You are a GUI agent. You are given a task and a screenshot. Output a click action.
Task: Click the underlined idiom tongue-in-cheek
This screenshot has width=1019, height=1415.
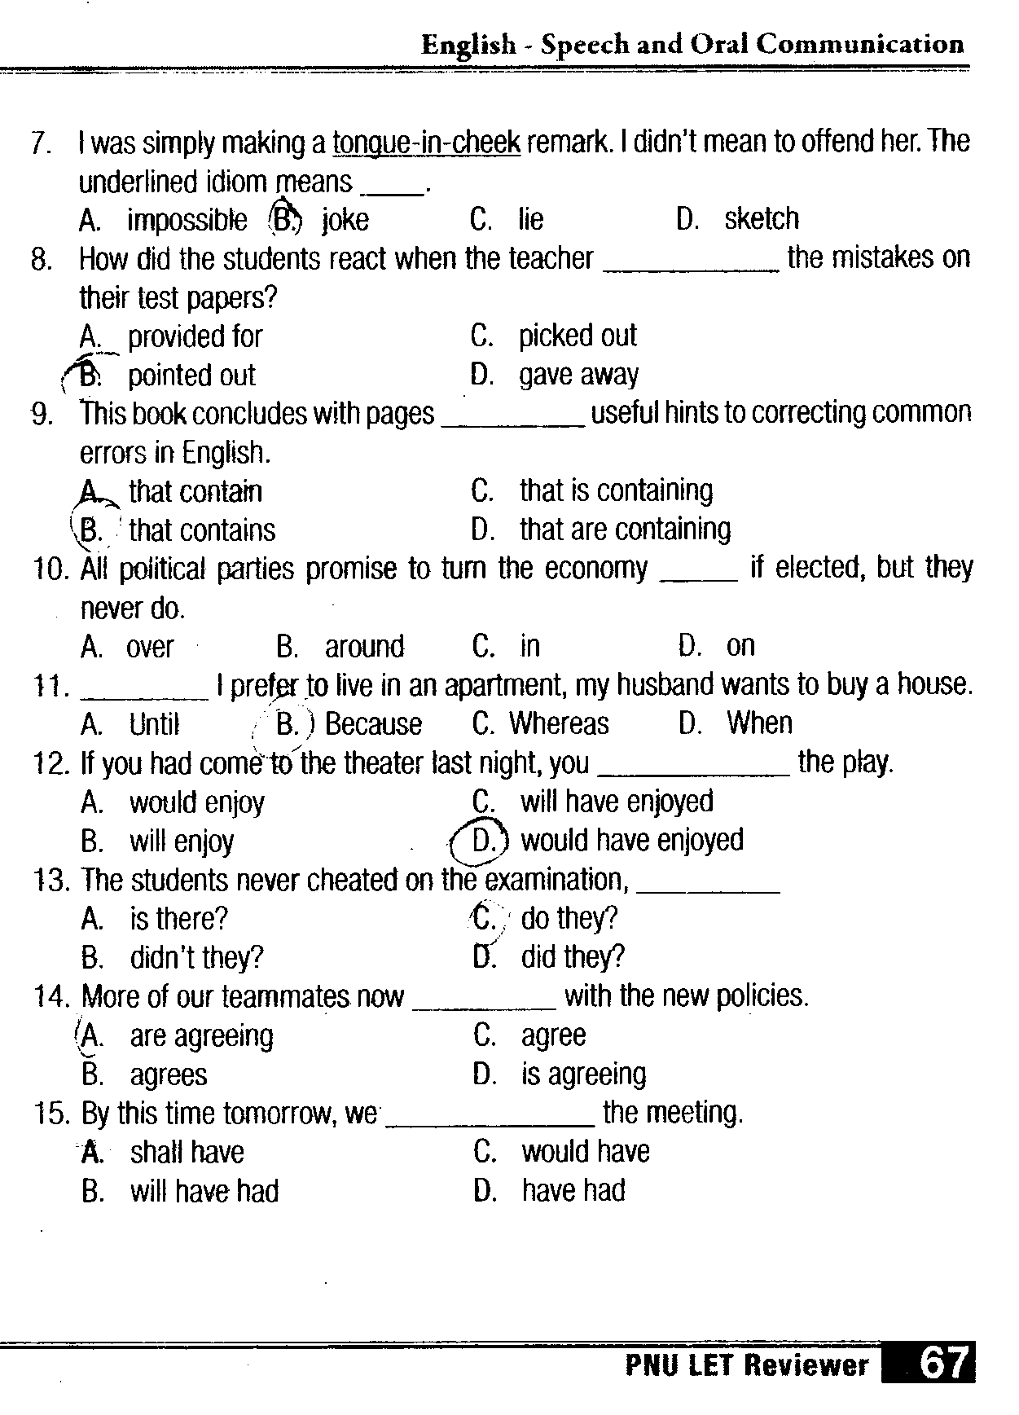click(426, 143)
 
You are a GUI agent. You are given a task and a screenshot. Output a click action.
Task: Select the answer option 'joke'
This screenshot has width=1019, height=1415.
click(345, 220)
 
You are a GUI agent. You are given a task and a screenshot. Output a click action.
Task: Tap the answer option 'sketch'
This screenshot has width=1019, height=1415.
click(762, 218)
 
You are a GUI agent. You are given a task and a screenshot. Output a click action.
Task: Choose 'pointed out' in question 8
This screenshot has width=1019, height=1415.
click(191, 376)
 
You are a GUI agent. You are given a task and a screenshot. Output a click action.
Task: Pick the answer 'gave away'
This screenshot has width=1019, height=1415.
click(578, 375)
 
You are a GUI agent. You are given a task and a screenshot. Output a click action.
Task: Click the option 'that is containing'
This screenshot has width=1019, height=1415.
click(616, 490)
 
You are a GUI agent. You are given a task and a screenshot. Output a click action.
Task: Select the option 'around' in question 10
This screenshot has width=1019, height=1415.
click(364, 647)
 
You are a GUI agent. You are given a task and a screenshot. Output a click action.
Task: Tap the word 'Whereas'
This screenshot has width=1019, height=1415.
click(559, 723)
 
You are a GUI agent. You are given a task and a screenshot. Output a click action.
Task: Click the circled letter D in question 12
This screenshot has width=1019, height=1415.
click(482, 841)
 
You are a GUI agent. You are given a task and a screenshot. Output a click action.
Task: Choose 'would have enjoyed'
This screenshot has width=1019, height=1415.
click(632, 841)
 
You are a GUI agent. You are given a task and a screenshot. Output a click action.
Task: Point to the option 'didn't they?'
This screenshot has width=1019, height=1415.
click(196, 957)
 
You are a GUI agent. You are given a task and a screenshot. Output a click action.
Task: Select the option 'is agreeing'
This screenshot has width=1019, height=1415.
click(583, 1074)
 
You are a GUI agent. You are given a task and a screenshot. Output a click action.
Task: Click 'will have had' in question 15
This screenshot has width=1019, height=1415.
click(204, 1192)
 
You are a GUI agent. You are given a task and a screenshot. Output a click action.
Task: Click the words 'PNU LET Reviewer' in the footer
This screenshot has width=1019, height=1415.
click(746, 1364)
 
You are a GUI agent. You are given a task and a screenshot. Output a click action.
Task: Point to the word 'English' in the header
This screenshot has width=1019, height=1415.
click(468, 44)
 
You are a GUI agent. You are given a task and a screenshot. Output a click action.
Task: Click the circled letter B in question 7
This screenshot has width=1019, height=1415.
click(285, 218)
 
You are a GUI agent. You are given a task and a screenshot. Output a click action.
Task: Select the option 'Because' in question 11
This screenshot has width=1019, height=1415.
click(373, 724)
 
